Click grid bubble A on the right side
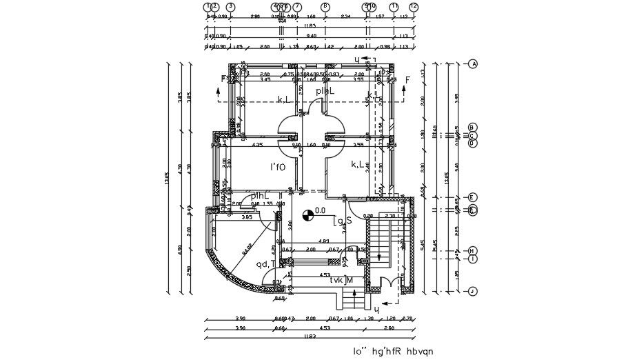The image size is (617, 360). tap(473, 64)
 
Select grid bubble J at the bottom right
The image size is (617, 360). tap(473, 291)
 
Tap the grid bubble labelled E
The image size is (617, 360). tap(473, 198)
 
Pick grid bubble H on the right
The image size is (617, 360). tap(473, 250)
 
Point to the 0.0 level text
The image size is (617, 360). tap(320, 211)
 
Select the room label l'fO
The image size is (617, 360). tap(278, 167)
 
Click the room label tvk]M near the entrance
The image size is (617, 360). tap(341, 280)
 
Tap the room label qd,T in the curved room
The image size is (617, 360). tap(265, 263)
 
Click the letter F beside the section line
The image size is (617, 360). tap(407, 81)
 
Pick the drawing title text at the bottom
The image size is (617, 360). tap(393, 352)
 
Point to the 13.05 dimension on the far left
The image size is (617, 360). tap(166, 177)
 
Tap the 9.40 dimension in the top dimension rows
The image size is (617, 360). tap(311, 35)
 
